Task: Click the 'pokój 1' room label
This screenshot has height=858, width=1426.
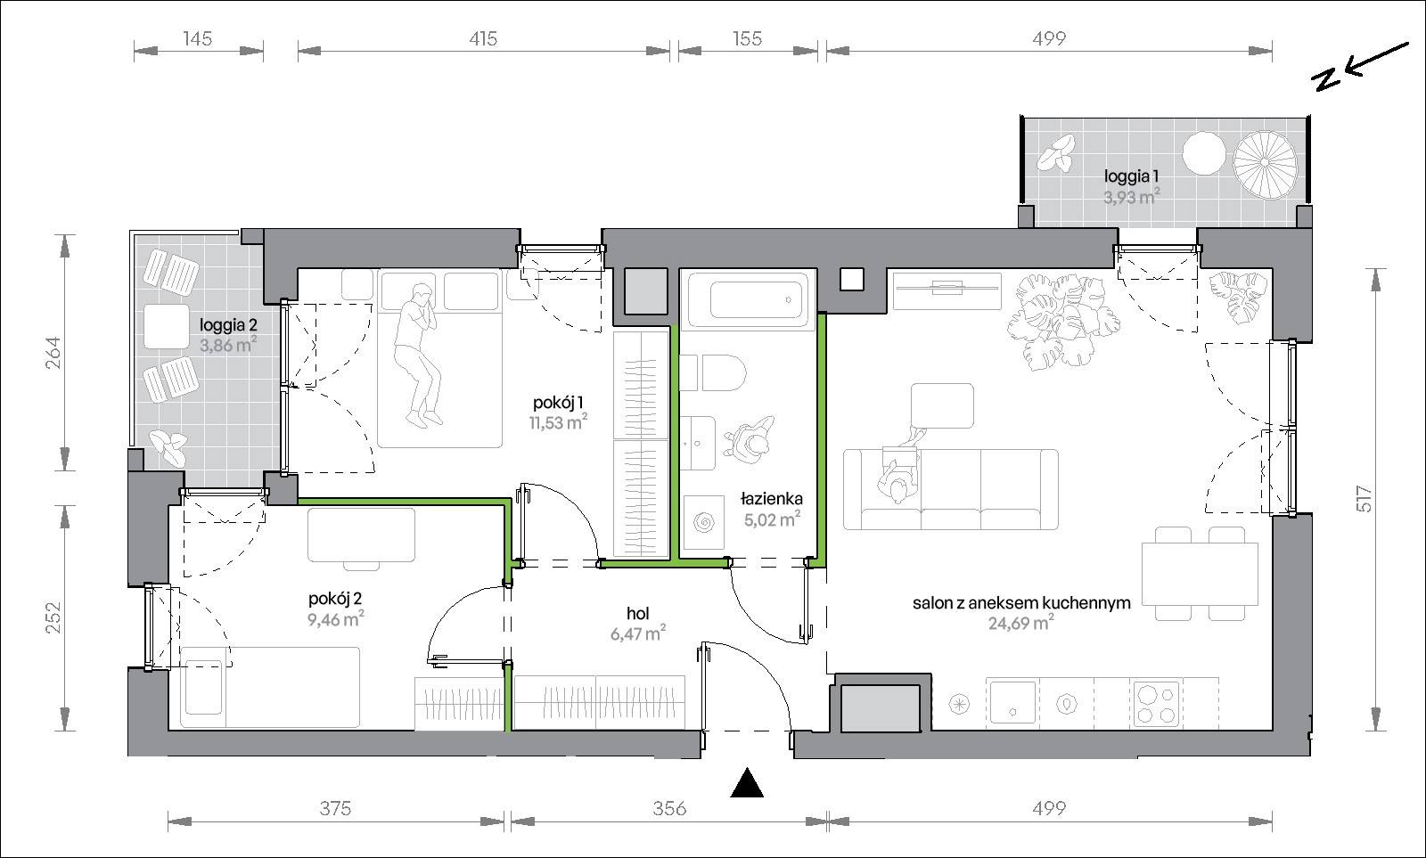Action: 558,403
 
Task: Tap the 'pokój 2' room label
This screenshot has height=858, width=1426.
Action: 335,599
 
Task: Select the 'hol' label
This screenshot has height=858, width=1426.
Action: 638,614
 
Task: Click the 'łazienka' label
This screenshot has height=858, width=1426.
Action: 772,499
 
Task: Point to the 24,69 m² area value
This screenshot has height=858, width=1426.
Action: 1020,623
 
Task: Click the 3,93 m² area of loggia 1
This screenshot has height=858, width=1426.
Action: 1131,197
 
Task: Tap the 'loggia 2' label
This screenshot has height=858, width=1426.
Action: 228,325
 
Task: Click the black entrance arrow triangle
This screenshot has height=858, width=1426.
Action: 747,783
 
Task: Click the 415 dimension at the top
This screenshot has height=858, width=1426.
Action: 483,39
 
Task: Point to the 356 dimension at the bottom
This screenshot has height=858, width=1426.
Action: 669,808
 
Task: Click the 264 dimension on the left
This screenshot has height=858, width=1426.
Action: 53,352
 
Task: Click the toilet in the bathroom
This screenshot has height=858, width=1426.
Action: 713,373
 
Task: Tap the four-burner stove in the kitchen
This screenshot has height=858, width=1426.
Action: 1157,704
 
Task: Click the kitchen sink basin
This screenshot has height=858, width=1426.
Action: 1012,703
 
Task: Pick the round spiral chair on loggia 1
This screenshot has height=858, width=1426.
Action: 1265,161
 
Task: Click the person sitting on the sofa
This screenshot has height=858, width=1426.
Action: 899,471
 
